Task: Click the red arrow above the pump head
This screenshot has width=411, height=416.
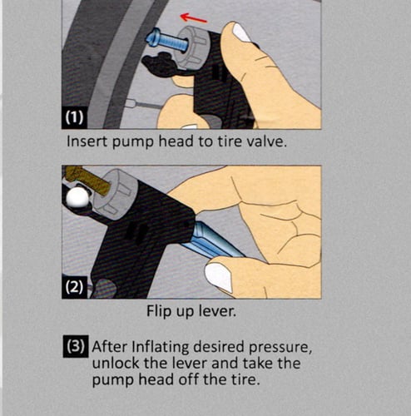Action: (x=193, y=17)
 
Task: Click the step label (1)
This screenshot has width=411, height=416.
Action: (x=74, y=117)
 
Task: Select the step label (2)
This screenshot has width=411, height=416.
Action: (x=74, y=287)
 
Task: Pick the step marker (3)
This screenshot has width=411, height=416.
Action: (x=76, y=346)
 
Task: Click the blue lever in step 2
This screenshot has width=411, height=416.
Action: (x=214, y=240)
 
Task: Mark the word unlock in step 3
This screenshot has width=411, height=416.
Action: (x=116, y=363)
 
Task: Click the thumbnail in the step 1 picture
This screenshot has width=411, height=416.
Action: (x=242, y=32)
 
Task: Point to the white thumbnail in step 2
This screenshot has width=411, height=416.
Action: (x=219, y=277)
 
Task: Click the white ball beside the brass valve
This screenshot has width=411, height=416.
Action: (x=78, y=197)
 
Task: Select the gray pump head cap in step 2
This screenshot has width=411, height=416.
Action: (x=116, y=192)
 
